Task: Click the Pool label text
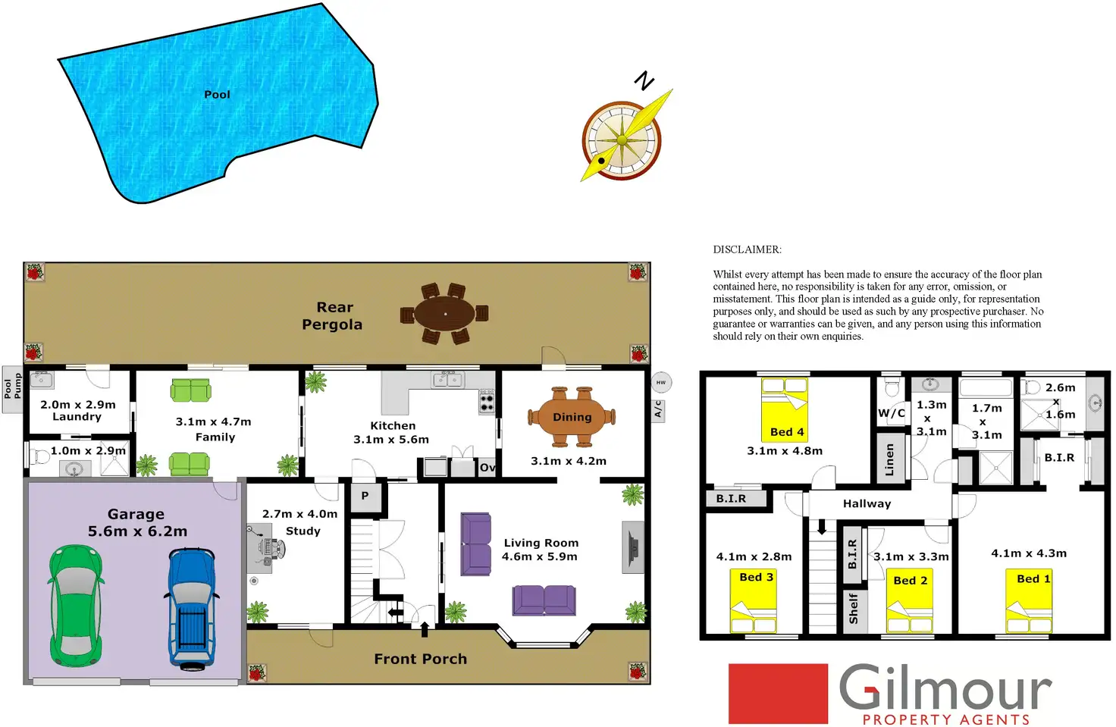point(217,95)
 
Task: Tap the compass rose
point(622,140)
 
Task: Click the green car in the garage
point(76,606)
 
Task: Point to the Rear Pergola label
point(332,316)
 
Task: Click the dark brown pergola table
point(444,313)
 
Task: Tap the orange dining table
point(572,417)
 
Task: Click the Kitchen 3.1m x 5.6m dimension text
point(391,440)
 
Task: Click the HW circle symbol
point(661,382)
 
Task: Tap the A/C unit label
point(658,410)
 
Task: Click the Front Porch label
point(420,660)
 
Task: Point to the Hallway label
point(867,504)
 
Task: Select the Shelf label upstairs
point(854,609)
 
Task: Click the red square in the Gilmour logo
point(778,694)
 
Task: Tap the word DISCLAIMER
point(747,249)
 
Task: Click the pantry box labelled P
point(365,496)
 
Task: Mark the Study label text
point(303,531)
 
